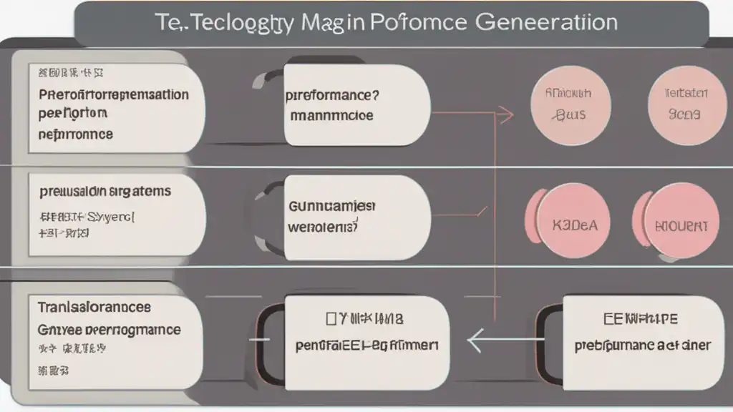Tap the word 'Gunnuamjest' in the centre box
click(x=331, y=207)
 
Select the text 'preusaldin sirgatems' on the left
click(x=105, y=192)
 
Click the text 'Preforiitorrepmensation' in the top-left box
click(x=113, y=95)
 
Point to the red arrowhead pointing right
click(x=506, y=113)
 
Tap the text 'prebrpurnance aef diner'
click(x=642, y=345)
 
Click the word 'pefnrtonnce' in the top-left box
click(x=76, y=134)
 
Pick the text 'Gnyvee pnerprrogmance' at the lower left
click(x=109, y=330)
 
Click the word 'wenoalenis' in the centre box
click(x=322, y=228)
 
